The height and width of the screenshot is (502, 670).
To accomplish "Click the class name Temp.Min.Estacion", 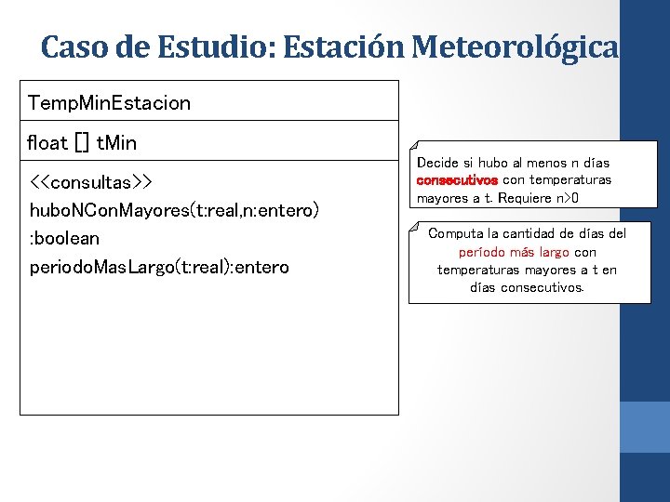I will (109, 102).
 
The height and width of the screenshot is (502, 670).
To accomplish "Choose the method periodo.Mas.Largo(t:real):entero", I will (158, 268).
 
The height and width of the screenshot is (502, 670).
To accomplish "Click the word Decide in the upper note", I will (437, 163).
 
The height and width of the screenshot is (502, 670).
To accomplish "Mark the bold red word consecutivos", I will (458, 180).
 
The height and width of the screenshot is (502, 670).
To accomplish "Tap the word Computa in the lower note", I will (455, 233).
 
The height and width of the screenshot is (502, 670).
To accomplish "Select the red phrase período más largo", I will (514, 252).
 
